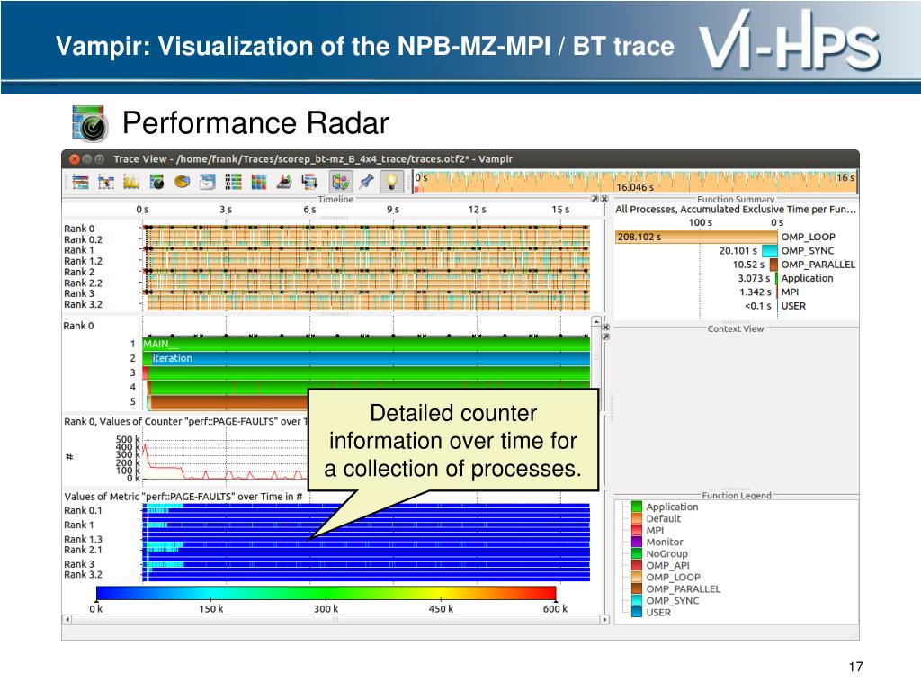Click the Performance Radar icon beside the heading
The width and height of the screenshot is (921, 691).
coord(89,124)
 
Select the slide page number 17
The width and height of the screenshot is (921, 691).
coord(855,667)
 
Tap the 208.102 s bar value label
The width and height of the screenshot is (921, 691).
coord(639,237)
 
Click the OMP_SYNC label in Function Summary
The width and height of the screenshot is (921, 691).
coord(807,251)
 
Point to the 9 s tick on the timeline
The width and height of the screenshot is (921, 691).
coord(393,209)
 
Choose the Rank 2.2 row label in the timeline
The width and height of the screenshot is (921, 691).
coord(83,283)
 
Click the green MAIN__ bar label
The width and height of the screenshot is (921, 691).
coord(161,344)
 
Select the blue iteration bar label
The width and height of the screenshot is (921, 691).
coord(172,358)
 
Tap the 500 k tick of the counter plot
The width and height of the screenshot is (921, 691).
coord(128,439)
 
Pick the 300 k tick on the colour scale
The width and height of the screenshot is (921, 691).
coord(326,609)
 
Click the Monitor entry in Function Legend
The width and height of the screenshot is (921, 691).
coord(665,543)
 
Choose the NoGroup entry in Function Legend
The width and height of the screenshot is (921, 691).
coord(666,554)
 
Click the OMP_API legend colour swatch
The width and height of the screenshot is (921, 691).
coord(637,566)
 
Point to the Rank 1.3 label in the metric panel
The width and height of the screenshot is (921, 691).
coord(84,539)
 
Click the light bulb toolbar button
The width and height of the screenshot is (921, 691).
coord(390,181)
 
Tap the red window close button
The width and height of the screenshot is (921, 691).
coord(74,159)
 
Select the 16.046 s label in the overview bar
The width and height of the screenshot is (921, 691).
coord(635,188)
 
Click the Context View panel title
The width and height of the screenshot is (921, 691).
coord(736,328)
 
